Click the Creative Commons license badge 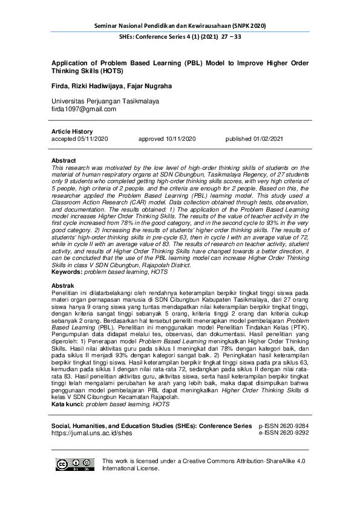pyautogui.click(x=75, y=464)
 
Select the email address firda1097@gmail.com pyautogui.click(x=83, y=109)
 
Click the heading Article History pyautogui.click(x=72, y=131)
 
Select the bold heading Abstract pyautogui.click(x=65, y=161)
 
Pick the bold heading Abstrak pyautogui.click(x=64, y=285)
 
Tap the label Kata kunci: pyautogui.click(x=68, y=404)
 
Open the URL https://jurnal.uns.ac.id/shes pyautogui.click(x=91, y=433)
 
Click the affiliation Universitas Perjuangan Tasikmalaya pyautogui.click(x=105, y=100)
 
